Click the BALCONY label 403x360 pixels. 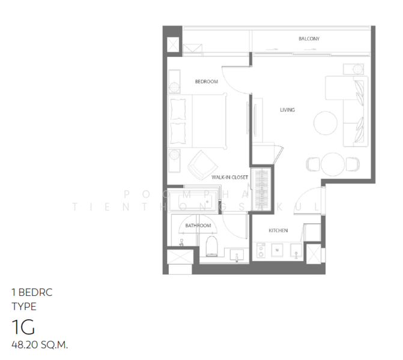(309, 39)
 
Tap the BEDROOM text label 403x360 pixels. (206, 82)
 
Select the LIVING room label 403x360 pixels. (287, 110)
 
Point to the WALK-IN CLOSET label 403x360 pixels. (229, 178)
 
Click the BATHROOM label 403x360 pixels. (198, 226)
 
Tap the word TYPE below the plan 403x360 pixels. (24, 307)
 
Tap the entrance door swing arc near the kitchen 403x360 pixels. (311, 195)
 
